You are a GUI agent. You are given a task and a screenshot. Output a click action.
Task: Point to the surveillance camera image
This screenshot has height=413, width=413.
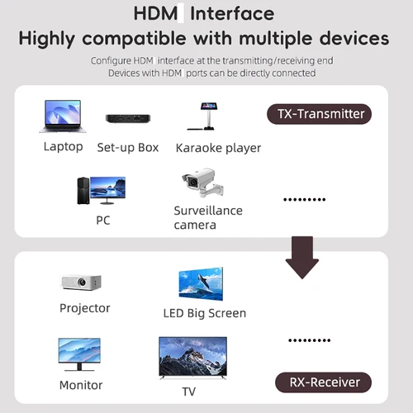click(198, 186)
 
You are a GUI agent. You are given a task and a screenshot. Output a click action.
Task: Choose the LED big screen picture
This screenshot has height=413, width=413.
click(201, 283)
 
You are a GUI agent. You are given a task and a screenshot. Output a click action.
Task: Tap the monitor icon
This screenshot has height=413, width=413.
click(79, 354)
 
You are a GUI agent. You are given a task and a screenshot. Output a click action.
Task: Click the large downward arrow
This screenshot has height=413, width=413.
click(301, 257)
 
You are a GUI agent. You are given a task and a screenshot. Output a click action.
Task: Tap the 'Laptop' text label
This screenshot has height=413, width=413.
click(63, 147)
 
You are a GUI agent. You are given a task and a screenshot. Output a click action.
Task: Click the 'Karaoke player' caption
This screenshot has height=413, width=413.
click(218, 148)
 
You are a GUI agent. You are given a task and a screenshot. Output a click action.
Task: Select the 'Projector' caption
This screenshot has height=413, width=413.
click(85, 308)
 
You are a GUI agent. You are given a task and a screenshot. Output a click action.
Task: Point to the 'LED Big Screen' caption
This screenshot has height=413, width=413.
click(205, 313)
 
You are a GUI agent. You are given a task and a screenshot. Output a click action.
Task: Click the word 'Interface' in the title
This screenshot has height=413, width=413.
click(235, 13)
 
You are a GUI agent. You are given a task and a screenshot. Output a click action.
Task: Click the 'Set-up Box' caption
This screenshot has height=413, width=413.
click(128, 148)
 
